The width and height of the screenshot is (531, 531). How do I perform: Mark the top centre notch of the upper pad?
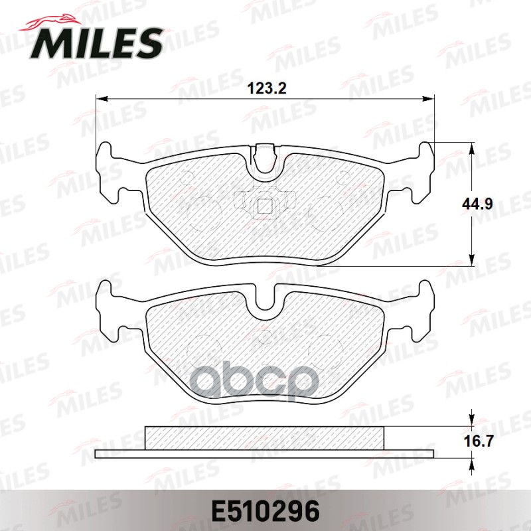point(265,159)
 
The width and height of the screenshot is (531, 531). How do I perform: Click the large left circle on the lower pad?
point(202,348)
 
